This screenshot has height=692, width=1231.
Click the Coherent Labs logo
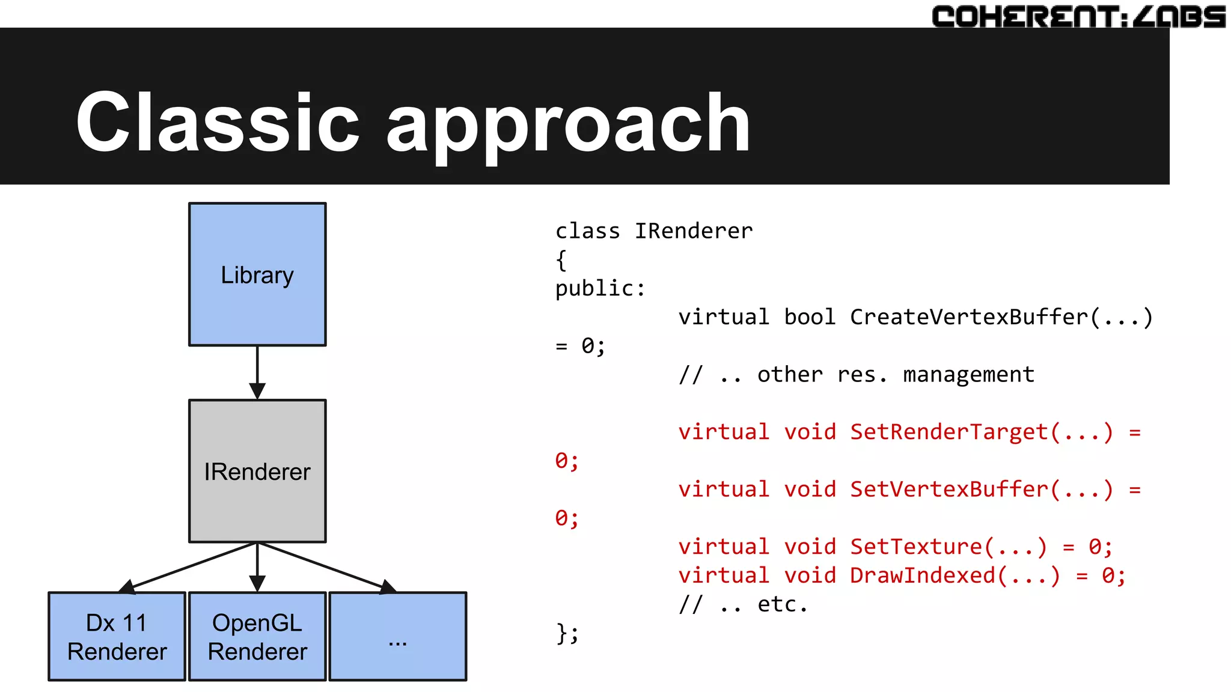1078,16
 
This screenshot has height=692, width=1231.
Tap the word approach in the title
568,126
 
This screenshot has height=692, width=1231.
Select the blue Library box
257,275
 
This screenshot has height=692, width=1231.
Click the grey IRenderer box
257,471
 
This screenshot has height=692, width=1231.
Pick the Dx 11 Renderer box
117,637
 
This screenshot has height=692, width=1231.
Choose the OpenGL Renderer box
257,637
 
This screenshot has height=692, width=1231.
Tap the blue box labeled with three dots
398,637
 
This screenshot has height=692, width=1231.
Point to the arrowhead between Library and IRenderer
257,391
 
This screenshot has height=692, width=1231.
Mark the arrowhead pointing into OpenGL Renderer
257,583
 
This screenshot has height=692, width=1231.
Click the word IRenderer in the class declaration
694,231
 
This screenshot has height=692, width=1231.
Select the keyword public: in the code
600,289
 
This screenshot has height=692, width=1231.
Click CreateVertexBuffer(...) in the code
1001,317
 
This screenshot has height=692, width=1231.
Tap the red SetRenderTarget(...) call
981,432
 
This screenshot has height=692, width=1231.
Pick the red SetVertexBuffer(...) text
981,490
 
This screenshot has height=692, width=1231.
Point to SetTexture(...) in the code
948,547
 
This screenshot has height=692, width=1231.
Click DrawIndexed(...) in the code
955,576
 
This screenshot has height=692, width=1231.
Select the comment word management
968,375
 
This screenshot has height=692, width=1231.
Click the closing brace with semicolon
567,633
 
